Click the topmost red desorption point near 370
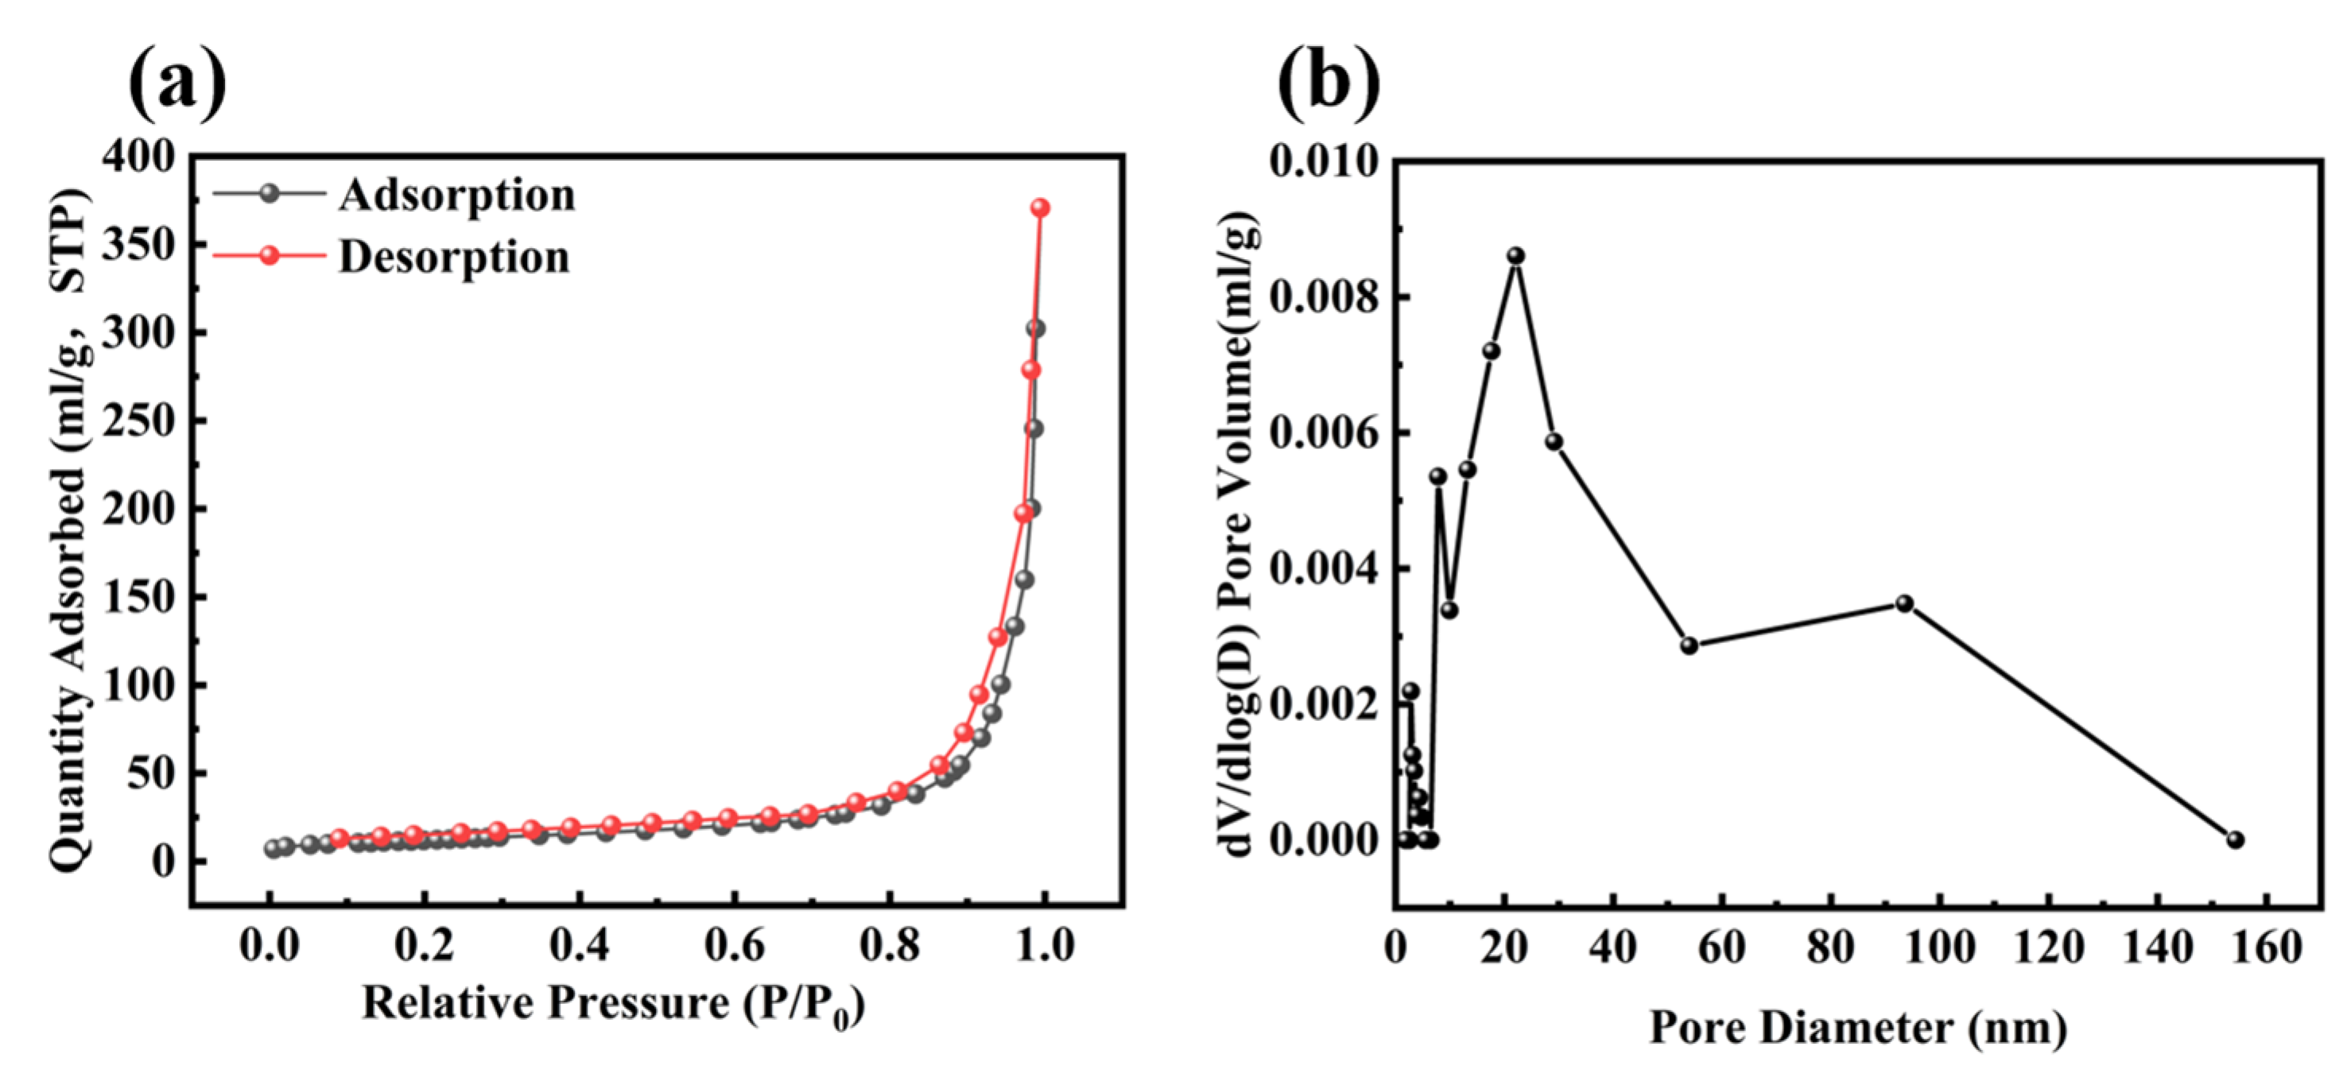click(x=1039, y=208)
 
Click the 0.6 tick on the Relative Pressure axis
click(x=735, y=946)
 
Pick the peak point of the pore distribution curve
click(x=1516, y=256)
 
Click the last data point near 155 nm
click(x=2235, y=839)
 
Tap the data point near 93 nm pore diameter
click(x=1905, y=603)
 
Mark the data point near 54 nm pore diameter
click(x=1690, y=645)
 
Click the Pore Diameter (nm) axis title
click(x=1858, y=1028)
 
